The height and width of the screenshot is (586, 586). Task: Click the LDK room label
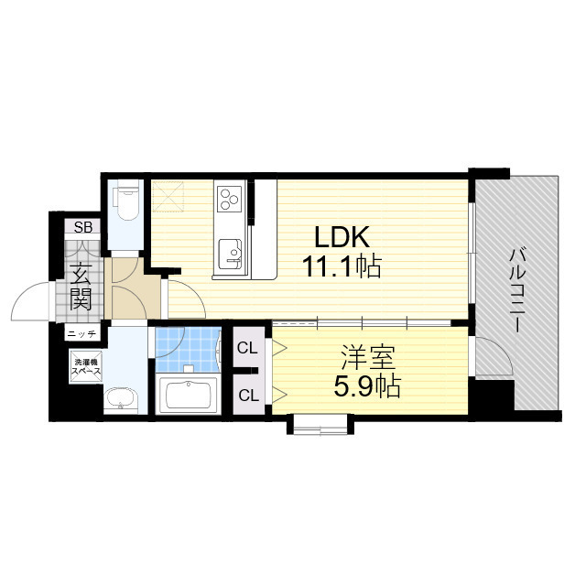pos(342,237)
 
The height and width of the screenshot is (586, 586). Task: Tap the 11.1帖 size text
pos(342,266)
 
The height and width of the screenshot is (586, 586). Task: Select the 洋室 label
pos(367,358)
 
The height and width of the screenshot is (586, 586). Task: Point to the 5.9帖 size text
pos(367,386)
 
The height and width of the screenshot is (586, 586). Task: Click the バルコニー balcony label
pos(517,291)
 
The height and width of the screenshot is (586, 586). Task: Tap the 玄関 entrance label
pos(81,287)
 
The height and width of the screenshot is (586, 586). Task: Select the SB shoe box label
pos(82,227)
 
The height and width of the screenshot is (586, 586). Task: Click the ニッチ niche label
pos(82,333)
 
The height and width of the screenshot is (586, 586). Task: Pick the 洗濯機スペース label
pos(86,367)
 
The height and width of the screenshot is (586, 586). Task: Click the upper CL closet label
pos(247,348)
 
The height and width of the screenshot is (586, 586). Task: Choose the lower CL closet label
pos(248,395)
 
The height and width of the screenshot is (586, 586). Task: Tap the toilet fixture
pos(126,201)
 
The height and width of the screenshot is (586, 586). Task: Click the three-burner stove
pos(230,199)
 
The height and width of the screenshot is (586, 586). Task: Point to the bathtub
pos(189,395)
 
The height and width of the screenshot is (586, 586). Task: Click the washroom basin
pos(120,399)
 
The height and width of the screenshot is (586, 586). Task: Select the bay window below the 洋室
pos(320,424)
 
